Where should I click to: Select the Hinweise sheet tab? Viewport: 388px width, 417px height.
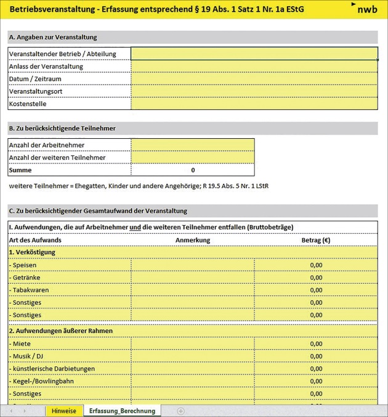(x=64, y=410)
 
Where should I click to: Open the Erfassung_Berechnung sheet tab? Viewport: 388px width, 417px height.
(x=122, y=410)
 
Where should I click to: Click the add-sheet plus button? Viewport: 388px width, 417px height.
(x=180, y=410)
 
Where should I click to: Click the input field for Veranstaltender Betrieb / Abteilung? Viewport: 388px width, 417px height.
(x=254, y=54)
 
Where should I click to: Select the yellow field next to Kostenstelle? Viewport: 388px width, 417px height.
(x=254, y=104)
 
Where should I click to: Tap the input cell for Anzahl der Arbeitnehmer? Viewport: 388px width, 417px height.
(x=192, y=145)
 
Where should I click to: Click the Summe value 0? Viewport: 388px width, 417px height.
(x=192, y=170)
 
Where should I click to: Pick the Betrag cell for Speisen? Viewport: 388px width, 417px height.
(x=315, y=265)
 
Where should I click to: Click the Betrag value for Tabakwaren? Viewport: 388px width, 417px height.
(x=315, y=290)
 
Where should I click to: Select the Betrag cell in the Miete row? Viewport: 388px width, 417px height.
(x=315, y=344)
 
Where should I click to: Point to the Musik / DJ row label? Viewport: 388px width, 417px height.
(x=28, y=356)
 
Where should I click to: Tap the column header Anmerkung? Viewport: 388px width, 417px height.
(x=192, y=240)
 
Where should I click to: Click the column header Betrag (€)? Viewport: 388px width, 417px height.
(x=315, y=240)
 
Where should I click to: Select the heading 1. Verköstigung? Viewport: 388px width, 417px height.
(x=32, y=252)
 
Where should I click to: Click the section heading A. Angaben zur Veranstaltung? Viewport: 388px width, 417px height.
(x=53, y=37)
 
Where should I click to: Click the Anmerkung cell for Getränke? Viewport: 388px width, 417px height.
(x=192, y=278)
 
